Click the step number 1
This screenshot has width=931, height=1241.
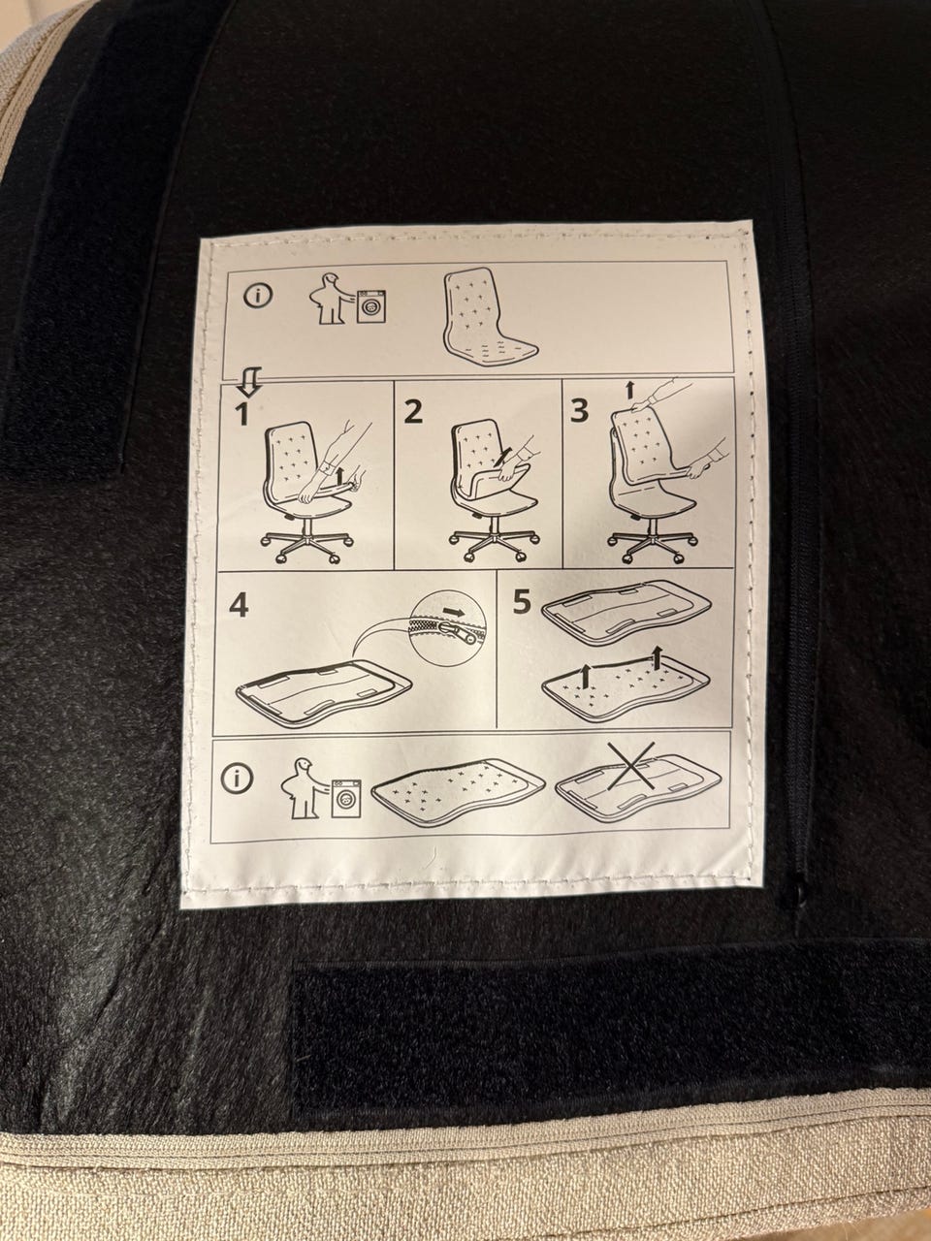[x=242, y=415]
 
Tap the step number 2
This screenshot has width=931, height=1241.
[x=413, y=412]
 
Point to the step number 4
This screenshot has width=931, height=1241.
[x=240, y=606]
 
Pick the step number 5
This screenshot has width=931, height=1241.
[x=522, y=603]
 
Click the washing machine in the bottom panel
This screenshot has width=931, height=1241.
[x=345, y=798]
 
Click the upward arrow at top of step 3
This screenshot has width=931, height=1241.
[x=630, y=389]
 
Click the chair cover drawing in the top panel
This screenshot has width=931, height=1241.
[x=490, y=317]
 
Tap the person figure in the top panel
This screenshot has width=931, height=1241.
[x=332, y=299]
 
